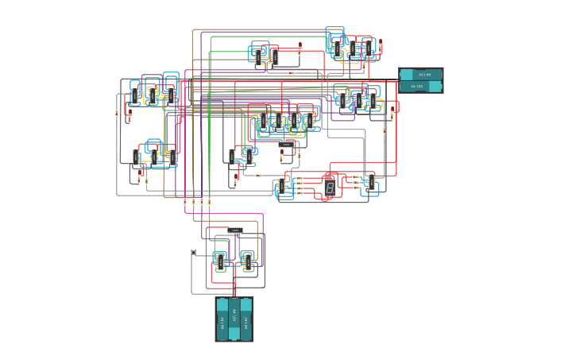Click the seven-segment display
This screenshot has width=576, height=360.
pyautogui.click(x=330, y=188)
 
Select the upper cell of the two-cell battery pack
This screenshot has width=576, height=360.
pyautogui.click(x=420, y=75)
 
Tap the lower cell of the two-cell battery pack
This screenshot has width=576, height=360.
pyautogui.click(x=420, y=87)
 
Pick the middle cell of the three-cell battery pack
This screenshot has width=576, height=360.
pyautogui.click(x=234, y=319)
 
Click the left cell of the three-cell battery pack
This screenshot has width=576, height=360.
pyautogui.click(x=222, y=319)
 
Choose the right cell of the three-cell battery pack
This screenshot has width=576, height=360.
pyautogui.click(x=246, y=319)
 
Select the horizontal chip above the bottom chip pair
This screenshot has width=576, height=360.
pyautogui.click(x=235, y=230)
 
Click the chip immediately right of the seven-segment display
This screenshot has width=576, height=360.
pyautogui.click(x=368, y=181)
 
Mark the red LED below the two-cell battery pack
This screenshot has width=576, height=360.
pyautogui.click(x=392, y=115)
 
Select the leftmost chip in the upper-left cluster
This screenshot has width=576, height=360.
pyautogui.click(x=135, y=96)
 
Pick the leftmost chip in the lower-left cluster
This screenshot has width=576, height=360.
pyautogui.click(x=133, y=157)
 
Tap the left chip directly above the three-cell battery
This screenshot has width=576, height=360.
pyautogui.click(x=220, y=261)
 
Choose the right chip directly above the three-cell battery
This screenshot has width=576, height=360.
pyautogui.click(x=247, y=261)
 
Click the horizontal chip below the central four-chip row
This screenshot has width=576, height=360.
pyautogui.click(x=287, y=146)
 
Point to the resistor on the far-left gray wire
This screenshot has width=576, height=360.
pyautogui.click(x=117, y=114)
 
